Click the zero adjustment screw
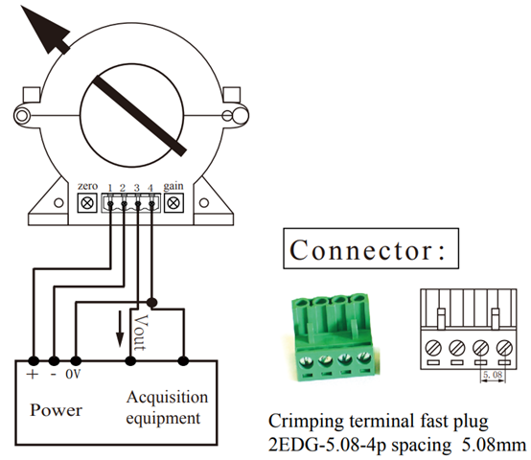coord(87,203)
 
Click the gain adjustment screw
coord(173,203)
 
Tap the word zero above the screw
coord(87,186)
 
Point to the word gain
coord(173,187)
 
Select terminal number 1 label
coord(109,188)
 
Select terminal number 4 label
coord(150,188)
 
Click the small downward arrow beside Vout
coord(120,329)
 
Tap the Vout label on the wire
coord(141,333)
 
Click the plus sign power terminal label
coord(33,375)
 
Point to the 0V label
coord(74,374)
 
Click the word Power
coord(57,410)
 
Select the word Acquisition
coord(168,397)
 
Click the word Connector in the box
coord(361,250)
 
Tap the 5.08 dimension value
coord(493,375)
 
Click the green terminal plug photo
coord(334,337)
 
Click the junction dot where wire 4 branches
coord(152,302)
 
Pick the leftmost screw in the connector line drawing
coord(433,348)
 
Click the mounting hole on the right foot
coord(204,203)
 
